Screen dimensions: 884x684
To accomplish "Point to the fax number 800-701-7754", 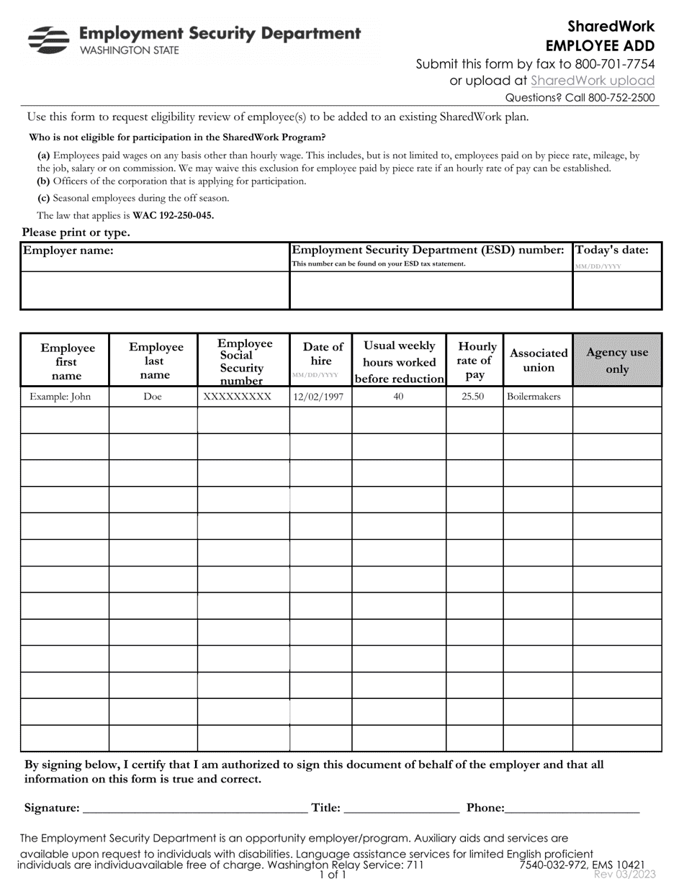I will (616, 64).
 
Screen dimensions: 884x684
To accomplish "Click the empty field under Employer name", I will (155, 290).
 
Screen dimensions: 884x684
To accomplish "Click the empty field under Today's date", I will (616, 290).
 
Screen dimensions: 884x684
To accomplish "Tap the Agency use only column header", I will (617, 361).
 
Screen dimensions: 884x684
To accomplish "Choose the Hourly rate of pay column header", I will (474, 361).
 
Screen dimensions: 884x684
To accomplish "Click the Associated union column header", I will (538, 361).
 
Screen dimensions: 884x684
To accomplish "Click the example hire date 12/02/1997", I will (320, 397).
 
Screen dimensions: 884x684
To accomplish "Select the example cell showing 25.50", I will (473, 397).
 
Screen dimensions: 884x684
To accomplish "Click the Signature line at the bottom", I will (194, 808).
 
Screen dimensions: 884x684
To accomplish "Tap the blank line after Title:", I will (402, 808).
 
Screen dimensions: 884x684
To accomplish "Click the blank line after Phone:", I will (572, 808).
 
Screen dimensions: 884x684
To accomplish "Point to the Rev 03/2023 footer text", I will (624, 874).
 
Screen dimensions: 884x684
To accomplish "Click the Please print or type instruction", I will (76, 233).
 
